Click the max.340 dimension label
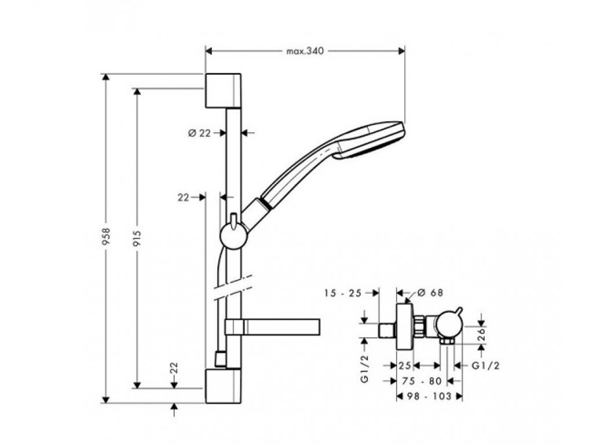click(305, 51)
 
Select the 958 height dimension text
click(105, 238)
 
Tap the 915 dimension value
click(138, 238)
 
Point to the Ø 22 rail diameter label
click(199, 133)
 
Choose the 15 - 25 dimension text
click(343, 293)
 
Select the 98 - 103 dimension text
click(429, 396)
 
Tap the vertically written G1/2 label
click(364, 370)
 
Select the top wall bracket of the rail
click(222, 90)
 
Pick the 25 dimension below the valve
click(405, 366)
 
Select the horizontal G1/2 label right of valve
click(485, 366)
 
